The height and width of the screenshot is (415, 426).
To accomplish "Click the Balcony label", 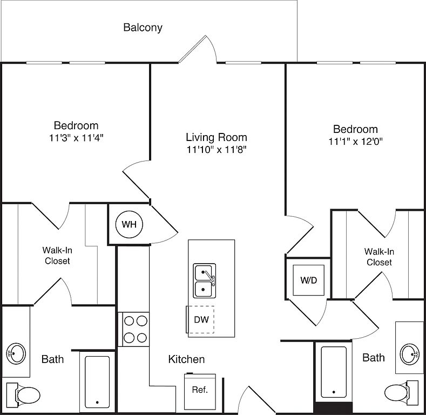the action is (143, 28).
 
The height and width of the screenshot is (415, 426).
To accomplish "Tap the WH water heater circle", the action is (129, 225).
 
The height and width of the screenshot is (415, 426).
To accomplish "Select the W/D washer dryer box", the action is (309, 280).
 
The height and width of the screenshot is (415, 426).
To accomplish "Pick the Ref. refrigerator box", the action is (200, 390).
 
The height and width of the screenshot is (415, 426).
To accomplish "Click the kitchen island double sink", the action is (205, 280).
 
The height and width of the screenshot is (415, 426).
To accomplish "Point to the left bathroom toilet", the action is (24, 394).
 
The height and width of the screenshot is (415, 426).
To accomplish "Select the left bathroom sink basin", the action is (17, 354).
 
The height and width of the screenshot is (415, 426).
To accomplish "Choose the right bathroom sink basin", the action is (409, 354).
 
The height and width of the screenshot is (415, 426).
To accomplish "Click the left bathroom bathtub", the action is (97, 380).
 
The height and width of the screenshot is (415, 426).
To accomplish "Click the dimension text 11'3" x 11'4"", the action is (76, 138).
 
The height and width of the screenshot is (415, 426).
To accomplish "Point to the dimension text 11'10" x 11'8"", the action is (217, 150).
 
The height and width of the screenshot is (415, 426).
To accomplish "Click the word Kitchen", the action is (186, 359).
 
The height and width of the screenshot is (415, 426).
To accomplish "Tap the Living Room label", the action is (217, 137).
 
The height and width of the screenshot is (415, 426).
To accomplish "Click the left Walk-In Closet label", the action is (57, 256).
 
